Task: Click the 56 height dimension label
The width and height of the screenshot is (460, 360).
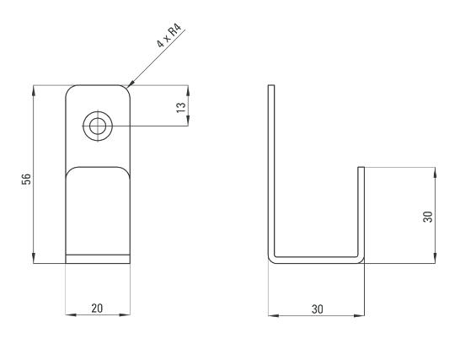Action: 26,179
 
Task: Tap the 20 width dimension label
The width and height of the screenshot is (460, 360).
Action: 97,309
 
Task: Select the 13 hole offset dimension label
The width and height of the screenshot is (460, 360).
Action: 181,107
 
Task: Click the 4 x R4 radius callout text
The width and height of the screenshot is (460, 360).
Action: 169,36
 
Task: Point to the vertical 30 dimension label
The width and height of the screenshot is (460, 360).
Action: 428,217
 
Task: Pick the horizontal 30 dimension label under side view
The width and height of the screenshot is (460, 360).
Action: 318,309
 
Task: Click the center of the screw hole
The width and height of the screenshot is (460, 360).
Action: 98,126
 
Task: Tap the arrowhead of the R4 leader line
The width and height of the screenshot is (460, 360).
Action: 130,84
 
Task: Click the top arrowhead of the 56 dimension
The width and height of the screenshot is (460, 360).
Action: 34,90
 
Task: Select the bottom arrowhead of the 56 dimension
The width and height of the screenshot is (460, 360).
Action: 34,258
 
